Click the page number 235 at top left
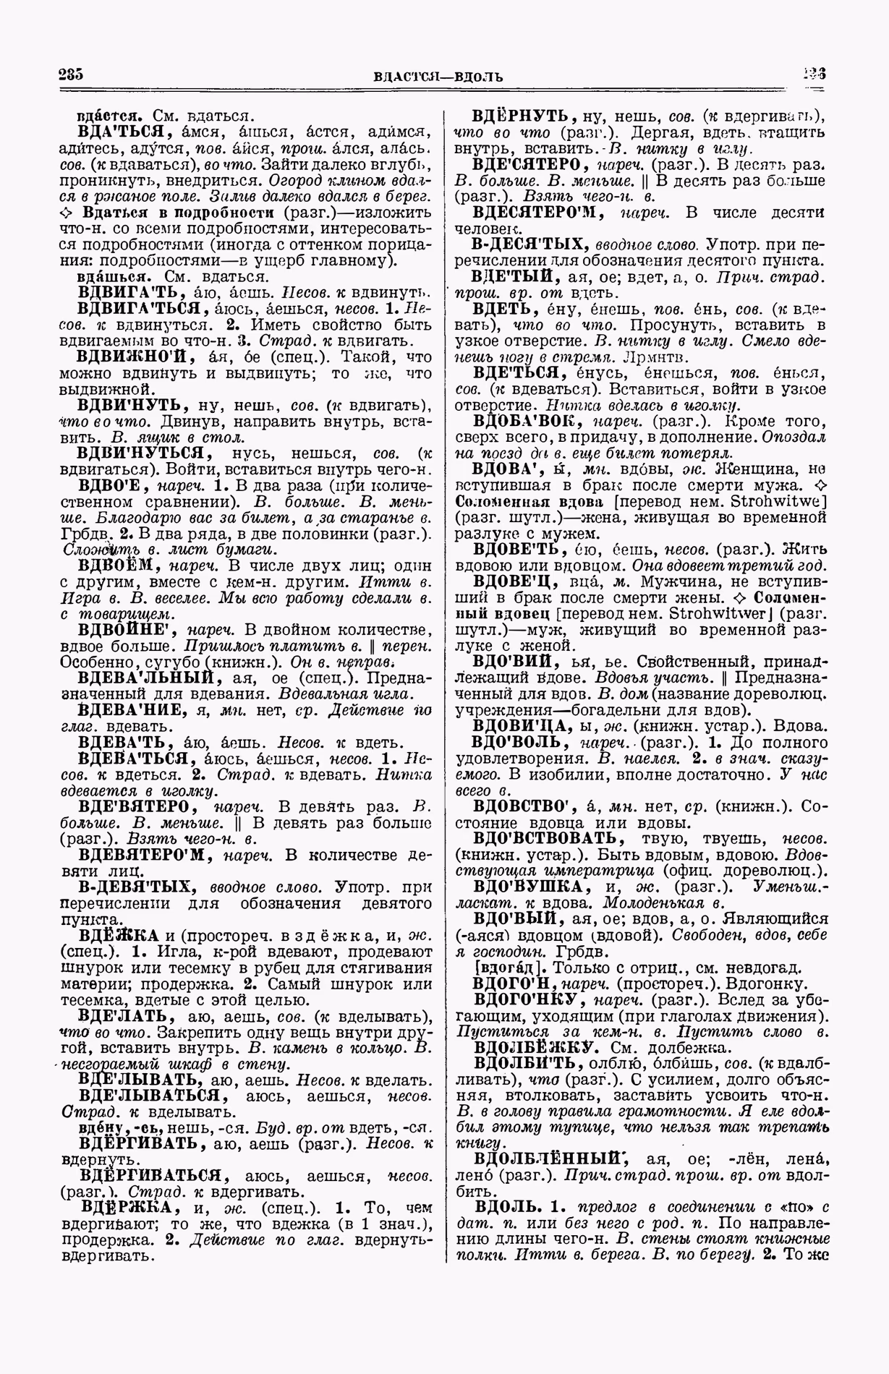[x=72, y=74]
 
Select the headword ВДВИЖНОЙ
[x=135, y=357]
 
